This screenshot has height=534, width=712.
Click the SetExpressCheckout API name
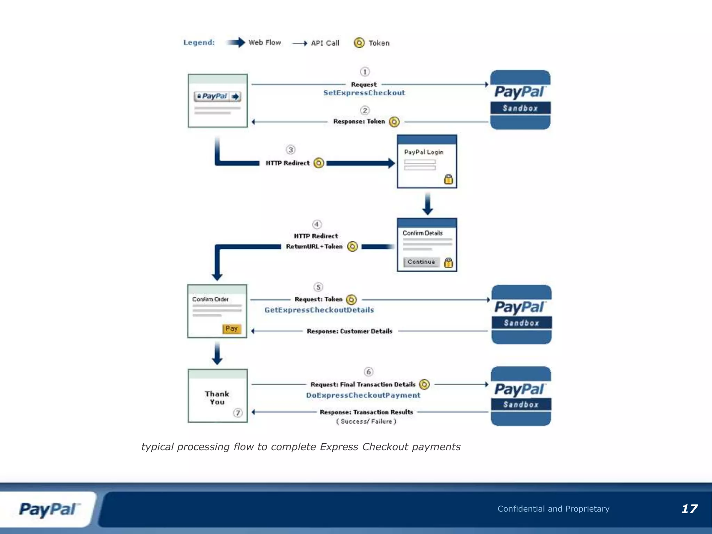pos(364,93)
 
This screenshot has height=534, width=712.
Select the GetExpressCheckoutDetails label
pos(319,310)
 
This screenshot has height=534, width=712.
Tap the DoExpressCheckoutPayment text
pos(363,395)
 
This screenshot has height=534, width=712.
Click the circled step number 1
pos(365,72)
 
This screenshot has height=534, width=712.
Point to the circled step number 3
pos(291,150)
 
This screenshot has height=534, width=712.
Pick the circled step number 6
pos(369,372)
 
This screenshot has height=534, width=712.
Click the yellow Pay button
pos(232,329)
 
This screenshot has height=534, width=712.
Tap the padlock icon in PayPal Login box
pos(448,179)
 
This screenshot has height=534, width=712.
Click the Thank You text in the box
pos(217,398)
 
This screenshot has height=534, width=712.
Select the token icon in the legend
pos(359,43)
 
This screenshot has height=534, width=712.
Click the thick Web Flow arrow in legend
pos(236,42)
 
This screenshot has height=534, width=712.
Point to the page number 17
pos(689,509)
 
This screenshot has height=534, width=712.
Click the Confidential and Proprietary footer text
pos(553,509)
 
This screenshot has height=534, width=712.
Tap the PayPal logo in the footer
pos(49,509)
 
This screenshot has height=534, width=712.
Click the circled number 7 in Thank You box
pos(238,413)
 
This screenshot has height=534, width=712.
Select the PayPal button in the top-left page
pos(218,96)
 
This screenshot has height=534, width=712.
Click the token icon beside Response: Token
pos(394,122)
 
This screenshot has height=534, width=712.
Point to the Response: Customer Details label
pos(349,331)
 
